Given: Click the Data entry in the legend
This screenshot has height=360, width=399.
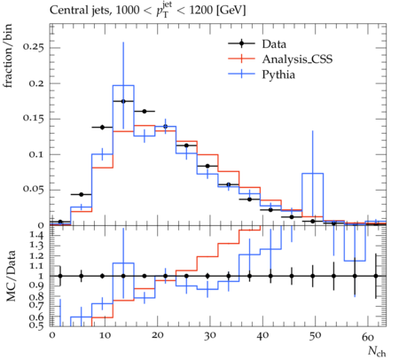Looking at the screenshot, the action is click(274, 44).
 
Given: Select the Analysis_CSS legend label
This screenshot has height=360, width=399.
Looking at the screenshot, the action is click(297, 59).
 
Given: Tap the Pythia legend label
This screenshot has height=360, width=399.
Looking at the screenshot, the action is click(278, 74).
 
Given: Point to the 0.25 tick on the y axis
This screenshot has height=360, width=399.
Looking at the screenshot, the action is click(33, 47).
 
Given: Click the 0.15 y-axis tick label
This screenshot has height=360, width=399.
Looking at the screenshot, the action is click(33, 119).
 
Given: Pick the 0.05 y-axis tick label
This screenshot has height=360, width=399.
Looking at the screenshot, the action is click(33, 190).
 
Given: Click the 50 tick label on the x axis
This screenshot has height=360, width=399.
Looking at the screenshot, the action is click(315, 336).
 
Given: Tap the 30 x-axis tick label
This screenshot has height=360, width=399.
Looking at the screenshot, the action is click(209, 336).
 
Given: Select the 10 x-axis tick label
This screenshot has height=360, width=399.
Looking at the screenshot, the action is click(105, 336).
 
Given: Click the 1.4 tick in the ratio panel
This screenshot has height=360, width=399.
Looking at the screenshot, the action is click(37, 236).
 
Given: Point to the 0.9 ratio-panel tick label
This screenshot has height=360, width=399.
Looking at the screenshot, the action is click(37, 286).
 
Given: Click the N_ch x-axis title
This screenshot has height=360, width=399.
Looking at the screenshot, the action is click(377, 352).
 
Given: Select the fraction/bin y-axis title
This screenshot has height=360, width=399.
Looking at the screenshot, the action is click(8, 56).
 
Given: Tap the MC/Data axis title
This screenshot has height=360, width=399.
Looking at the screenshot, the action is click(11, 276).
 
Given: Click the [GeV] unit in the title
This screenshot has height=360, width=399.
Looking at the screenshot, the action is click(231, 11).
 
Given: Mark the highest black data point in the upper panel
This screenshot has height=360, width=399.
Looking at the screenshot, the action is click(123, 101).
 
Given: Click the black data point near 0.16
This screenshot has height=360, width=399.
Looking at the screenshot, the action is click(145, 112).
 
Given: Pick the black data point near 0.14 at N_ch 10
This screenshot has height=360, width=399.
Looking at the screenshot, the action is click(102, 128).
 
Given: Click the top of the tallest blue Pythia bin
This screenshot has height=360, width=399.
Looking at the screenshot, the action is click(123, 85).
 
